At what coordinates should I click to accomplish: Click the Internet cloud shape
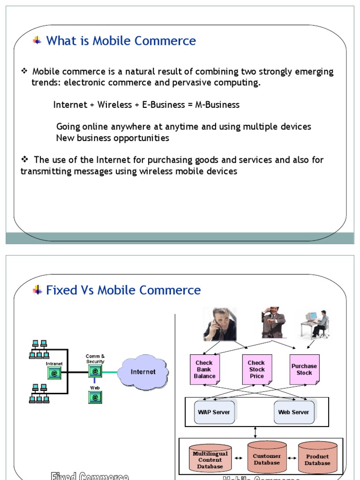tap(142, 372)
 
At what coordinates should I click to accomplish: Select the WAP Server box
tap(214, 412)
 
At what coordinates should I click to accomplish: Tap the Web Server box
tap(293, 412)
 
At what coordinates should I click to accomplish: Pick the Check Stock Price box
tap(257, 369)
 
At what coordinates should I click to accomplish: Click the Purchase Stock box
tap(304, 369)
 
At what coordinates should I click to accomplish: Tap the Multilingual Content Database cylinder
tap(210, 458)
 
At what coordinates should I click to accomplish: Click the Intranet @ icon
tap(54, 373)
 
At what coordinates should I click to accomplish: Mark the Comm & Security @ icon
tap(95, 372)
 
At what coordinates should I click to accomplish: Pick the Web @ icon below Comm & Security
tap(95, 397)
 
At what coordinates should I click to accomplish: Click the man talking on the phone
tap(219, 324)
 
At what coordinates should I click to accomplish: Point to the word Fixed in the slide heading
tap(59, 290)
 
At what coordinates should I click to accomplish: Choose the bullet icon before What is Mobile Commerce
tap(37, 41)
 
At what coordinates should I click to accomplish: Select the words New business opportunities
tap(112, 138)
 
